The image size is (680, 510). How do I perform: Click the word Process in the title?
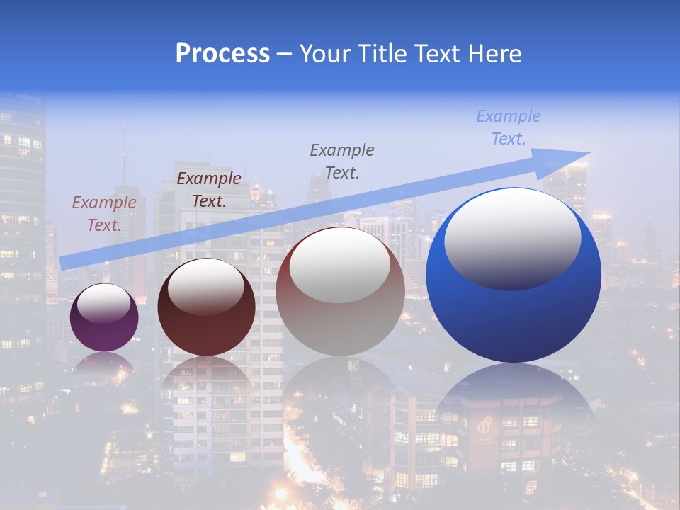(x=222, y=54)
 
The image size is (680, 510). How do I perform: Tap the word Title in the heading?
(x=380, y=54)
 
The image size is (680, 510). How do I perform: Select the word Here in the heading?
(x=495, y=54)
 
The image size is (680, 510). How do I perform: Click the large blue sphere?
(x=514, y=312)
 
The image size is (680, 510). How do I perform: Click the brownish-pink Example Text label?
(x=104, y=213)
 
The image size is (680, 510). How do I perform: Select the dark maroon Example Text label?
(x=209, y=189)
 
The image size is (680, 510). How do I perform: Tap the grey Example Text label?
(x=342, y=161)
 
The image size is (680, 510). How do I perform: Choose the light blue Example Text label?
(x=509, y=127)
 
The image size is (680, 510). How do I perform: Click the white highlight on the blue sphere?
(x=512, y=239)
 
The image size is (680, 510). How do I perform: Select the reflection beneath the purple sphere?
(x=104, y=365)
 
